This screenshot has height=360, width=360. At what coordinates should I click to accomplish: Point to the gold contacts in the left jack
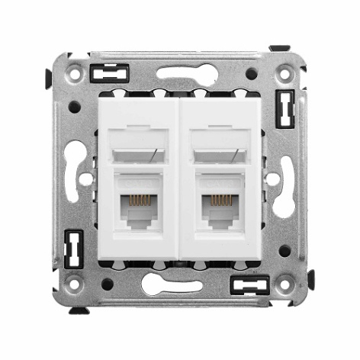[137, 200]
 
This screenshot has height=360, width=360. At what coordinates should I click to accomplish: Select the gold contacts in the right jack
[221, 200]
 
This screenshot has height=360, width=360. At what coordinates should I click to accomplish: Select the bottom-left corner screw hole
[74, 286]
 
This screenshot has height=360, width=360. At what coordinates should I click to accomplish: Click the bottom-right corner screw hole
[285, 286]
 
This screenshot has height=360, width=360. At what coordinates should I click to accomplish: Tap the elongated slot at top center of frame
[179, 74]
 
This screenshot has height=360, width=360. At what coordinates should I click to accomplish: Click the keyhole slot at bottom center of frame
[179, 286]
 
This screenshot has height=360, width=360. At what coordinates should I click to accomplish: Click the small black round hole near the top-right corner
[251, 74]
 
